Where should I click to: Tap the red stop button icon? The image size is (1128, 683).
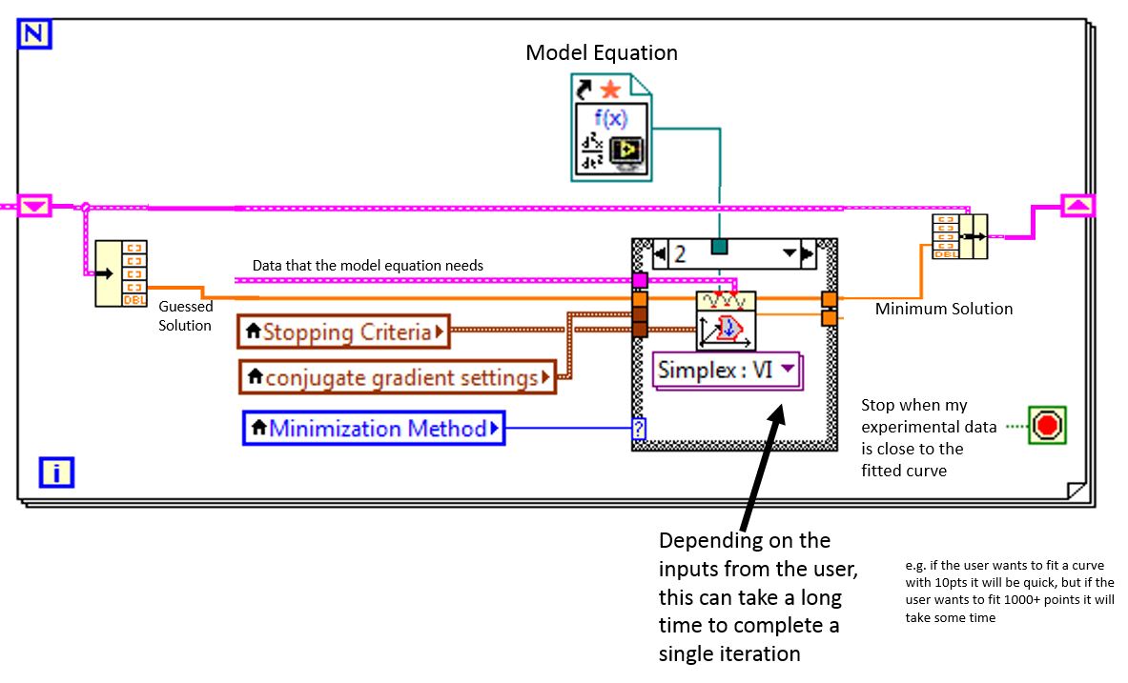(x=1047, y=425)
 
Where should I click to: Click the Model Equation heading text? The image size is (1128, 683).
(x=602, y=53)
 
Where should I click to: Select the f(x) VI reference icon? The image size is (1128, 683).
(x=612, y=128)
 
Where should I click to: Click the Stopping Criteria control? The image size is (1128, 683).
(x=343, y=332)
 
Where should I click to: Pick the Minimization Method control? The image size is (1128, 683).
(x=373, y=429)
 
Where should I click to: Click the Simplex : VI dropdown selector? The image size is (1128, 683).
(x=728, y=369)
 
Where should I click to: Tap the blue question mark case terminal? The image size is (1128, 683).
(x=639, y=430)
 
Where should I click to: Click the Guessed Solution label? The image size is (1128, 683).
(x=185, y=316)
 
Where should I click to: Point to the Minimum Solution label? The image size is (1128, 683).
(x=944, y=309)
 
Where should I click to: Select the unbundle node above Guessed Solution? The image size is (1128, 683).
(x=121, y=274)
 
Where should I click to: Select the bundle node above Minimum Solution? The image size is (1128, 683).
(x=959, y=236)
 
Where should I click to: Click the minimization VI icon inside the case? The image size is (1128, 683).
(x=726, y=321)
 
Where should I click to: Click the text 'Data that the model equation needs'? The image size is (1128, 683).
(x=367, y=266)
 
